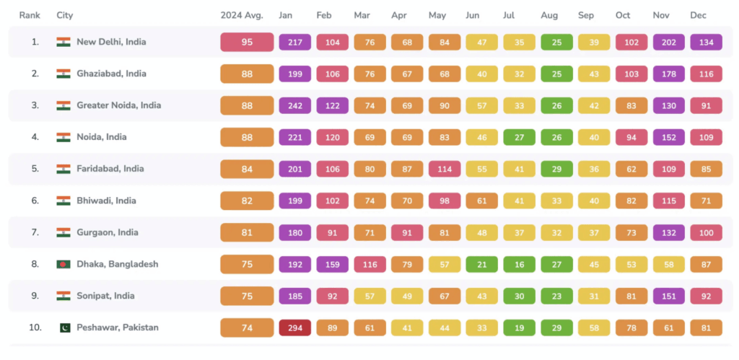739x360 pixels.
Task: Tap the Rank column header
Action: click(x=30, y=15)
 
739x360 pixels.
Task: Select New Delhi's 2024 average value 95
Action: click(x=247, y=42)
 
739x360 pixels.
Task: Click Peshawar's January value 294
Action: click(x=295, y=328)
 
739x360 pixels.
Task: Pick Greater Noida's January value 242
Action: click(x=295, y=105)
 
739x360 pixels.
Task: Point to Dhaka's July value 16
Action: click(x=520, y=264)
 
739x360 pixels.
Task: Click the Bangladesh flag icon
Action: click(x=64, y=264)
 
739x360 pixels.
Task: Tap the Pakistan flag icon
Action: click(x=64, y=328)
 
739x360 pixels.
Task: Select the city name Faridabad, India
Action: click(x=110, y=169)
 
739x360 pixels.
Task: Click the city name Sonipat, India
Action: click(x=106, y=296)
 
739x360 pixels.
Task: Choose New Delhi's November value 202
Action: click(x=669, y=42)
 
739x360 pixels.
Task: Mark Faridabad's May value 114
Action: click(x=445, y=169)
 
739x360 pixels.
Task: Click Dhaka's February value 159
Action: click(x=333, y=264)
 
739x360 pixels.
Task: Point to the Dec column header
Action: click(x=698, y=15)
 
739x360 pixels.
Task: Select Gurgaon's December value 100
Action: click(x=707, y=232)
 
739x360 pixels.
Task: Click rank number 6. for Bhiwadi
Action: click(x=35, y=201)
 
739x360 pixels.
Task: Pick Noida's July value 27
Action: click(x=520, y=137)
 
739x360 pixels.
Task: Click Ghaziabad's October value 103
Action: click(x=631, y=74)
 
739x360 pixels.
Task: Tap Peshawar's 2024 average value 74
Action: click(x=247, y=328)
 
